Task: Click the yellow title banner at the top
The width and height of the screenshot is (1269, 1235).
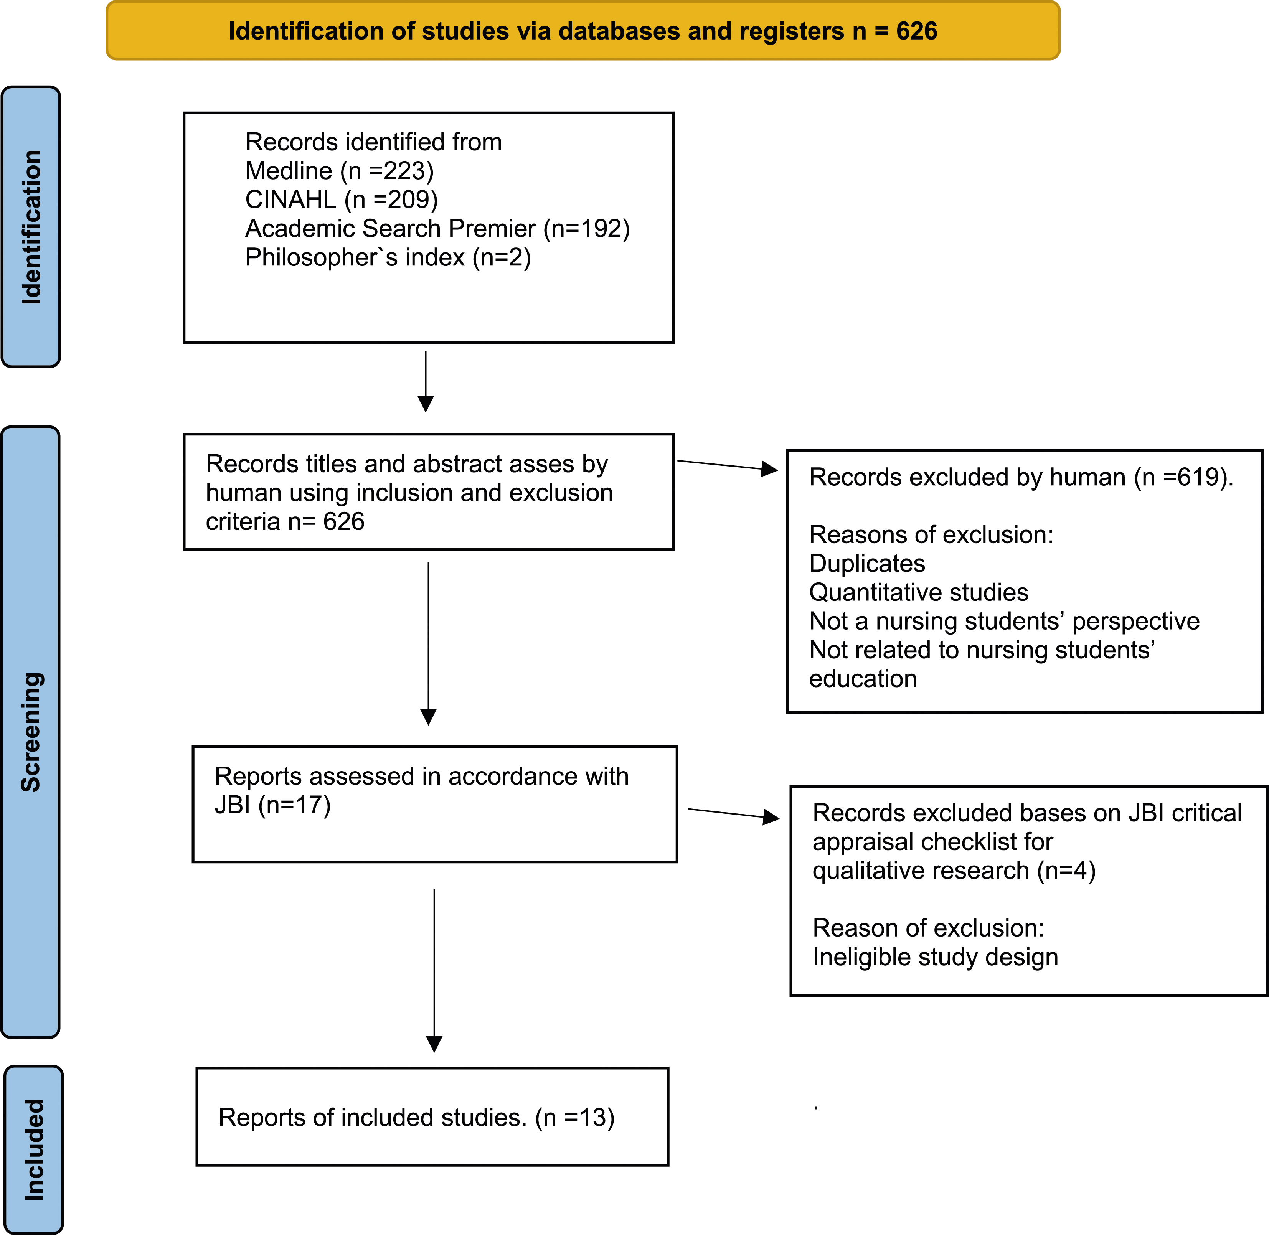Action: (x=583, y=30)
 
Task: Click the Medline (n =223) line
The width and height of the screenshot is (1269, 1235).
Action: (x=339, y=171)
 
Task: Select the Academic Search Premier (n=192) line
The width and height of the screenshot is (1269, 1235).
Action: (x=437, y=228)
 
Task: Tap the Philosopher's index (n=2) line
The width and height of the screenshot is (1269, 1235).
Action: (x=388, y=257)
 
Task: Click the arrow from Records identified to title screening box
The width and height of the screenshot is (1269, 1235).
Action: (x=426, y=381)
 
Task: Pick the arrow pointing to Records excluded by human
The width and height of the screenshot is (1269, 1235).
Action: (x=727, y=465)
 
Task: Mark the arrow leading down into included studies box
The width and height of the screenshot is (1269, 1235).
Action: (x=434, y=970)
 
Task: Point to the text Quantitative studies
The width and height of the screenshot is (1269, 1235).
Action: (x=919, y=592)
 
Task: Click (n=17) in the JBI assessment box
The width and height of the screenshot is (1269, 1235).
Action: (x=295, y=805)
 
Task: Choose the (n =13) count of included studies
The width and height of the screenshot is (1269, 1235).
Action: (x=575, y=1118)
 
